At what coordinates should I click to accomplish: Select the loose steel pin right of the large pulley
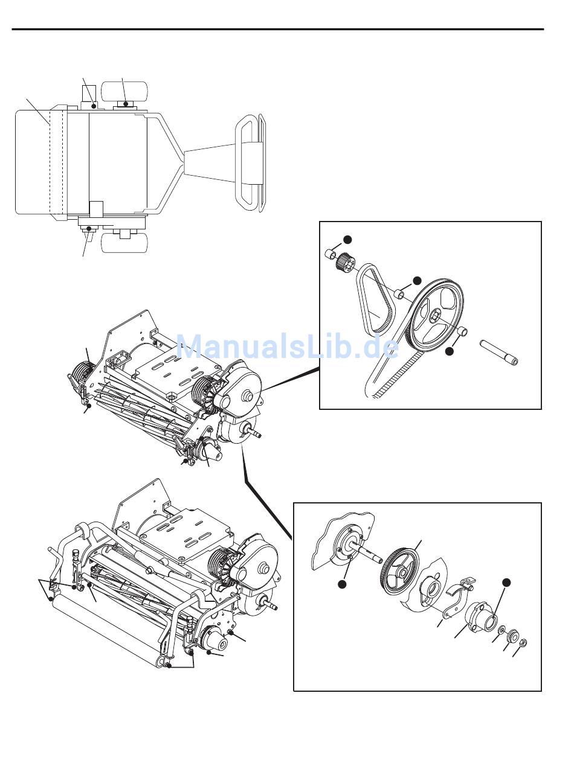499,354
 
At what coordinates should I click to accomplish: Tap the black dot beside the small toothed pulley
347,239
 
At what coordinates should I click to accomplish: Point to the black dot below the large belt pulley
449,351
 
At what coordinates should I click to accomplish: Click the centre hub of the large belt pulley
434,315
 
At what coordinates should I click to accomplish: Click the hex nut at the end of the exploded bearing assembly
524,643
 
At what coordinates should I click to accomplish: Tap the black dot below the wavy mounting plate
342,585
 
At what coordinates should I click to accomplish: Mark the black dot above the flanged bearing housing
506,582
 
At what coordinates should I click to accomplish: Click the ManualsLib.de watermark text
288,347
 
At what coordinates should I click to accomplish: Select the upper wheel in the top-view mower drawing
124,91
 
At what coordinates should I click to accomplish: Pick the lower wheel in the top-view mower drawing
124,243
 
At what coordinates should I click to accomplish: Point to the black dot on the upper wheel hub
125,104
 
